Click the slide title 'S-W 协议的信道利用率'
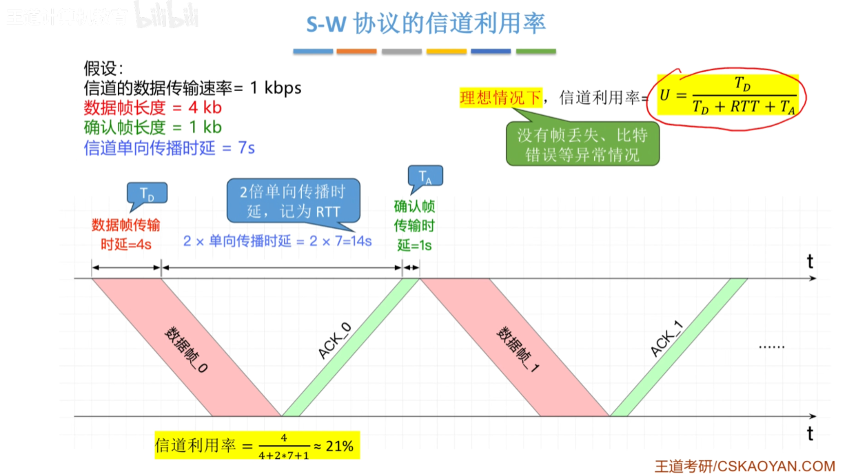click(426, 23)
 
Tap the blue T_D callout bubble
click(147, 193)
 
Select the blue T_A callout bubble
click(425, 176)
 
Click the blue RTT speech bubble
click(294, 201)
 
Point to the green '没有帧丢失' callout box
click(582, 144)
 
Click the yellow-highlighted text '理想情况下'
click(501, 97)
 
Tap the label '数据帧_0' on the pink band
click(186, 349)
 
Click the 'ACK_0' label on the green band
click(335, 340)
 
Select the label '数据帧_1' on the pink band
click(518, 349)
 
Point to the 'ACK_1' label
click(667, 338)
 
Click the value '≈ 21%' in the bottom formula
click(334, 446)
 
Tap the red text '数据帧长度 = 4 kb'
click(153, 107)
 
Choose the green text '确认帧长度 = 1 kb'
click(153, 127)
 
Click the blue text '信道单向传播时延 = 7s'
click(170, 148)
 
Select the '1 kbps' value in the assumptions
click(276, 87)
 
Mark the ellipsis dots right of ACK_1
click(772, 347)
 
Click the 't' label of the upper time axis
click(810, 262)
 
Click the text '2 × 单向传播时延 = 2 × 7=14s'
click(278, 241)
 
